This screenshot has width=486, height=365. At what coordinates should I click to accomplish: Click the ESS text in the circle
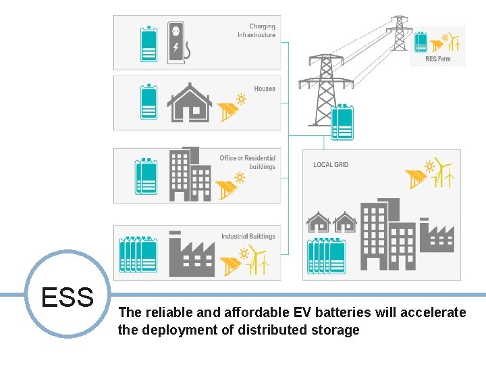[67, 297]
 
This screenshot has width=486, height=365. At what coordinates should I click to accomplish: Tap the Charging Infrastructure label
[256, 30]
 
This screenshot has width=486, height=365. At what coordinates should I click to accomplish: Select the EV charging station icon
[178, 43]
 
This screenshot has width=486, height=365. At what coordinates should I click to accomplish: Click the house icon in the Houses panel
[190, 103]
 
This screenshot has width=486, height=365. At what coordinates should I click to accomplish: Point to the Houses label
[265, 89]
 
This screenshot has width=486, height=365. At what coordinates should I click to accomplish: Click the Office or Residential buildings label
[248, 162]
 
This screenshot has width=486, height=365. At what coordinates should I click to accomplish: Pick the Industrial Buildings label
[248, 237]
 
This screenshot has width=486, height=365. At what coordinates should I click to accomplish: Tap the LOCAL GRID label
[331, 165]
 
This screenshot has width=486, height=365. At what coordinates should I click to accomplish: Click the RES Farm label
[438, 59]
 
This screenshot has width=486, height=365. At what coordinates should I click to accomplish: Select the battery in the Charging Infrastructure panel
[148, 44]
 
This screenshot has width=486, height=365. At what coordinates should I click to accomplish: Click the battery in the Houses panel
[148, 103]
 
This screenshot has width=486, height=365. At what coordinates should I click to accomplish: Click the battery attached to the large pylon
[343, 122]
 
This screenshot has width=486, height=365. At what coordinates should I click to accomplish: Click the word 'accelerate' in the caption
[433, 312]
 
